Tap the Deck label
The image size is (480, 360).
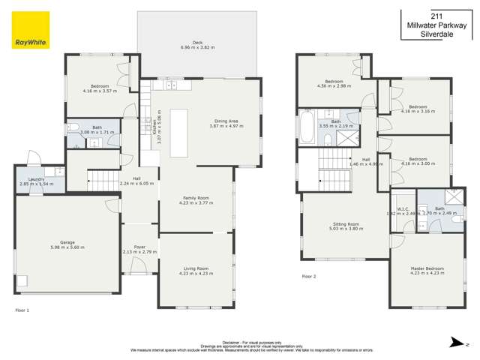coord(197,43)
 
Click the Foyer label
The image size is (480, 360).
coord(140,247)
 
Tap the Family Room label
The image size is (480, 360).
coord(196,198)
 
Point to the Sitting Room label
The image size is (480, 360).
coord(346,223)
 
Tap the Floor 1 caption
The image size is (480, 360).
coord(22,310)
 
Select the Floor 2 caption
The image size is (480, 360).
coord(309,276)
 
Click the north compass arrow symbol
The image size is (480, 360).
coord(453,343)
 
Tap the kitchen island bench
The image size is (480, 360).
coord(179,133)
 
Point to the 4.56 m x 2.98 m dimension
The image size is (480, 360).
coord(334,85)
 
